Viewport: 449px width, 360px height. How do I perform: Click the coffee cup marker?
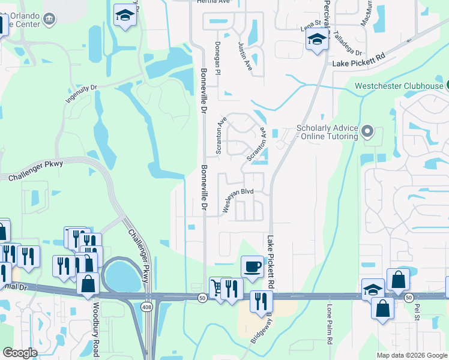point(252,266)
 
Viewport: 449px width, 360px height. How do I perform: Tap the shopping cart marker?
point(217,288)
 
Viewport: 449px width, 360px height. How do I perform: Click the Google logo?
point(20,353)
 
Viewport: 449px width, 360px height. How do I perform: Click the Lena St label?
point(311,28)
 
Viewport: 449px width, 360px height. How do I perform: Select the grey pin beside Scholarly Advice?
point(369,130)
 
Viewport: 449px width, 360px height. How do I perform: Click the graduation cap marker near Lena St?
point(316,40)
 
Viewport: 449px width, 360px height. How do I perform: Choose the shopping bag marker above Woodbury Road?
point(88,284)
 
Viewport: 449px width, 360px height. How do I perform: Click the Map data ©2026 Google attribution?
point(411,355)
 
